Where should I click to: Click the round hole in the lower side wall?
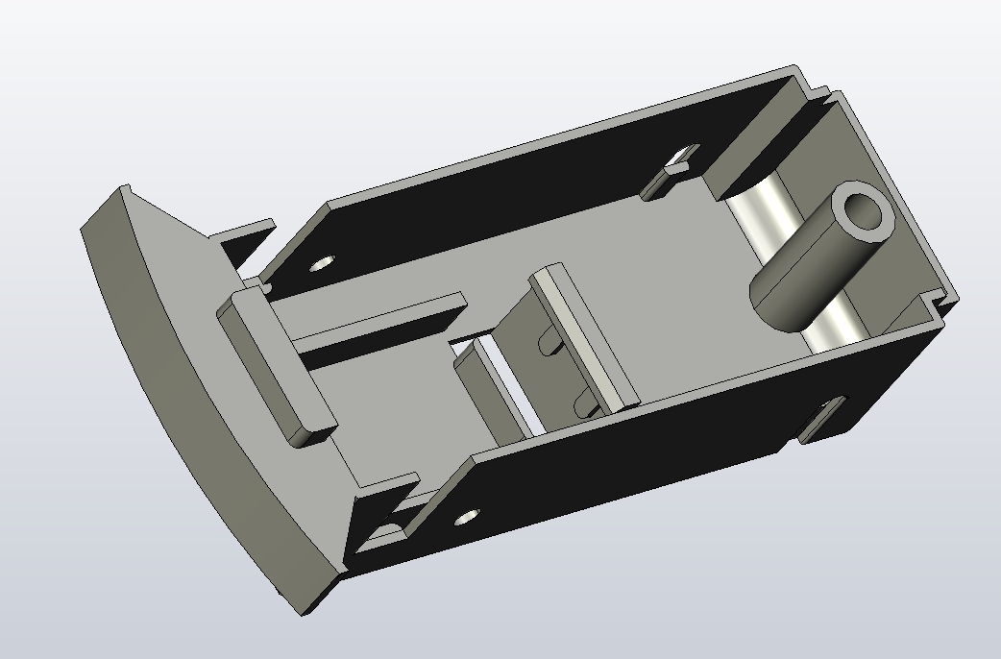click(x=467, y=517)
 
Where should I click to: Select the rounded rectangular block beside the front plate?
click(x=273, y=365)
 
